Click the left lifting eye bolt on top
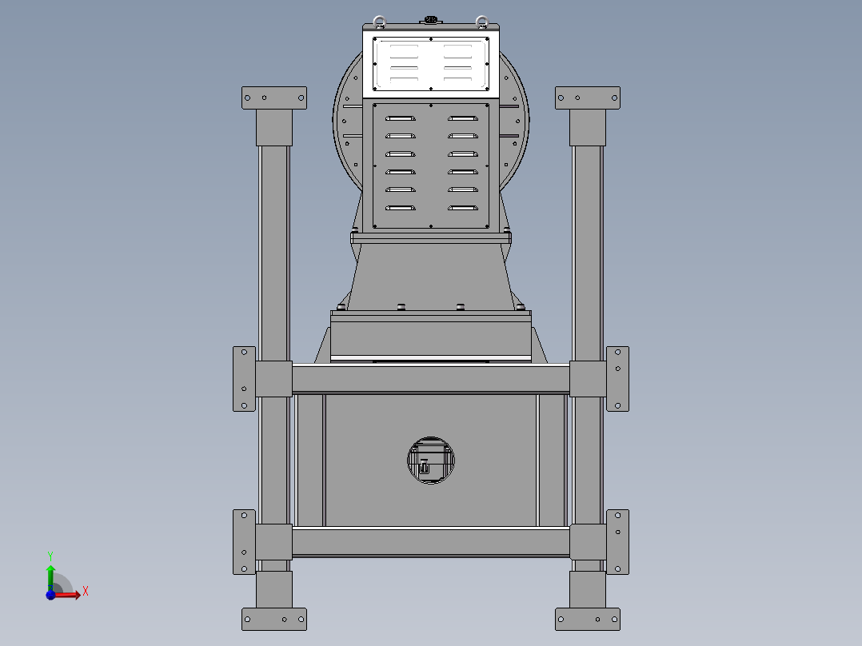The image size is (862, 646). pyautogui.click(x=379, y=22)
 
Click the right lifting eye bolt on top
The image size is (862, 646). pyautogui.click(x=481, y=22)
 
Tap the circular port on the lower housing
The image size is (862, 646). pyautogui.click(x=430, y=461)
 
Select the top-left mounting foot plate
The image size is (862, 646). pyautogui.click(x=274, y=98)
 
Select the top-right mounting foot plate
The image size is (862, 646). pyautogui.click(x=588, y=98)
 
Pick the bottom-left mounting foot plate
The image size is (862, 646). pyautogui.click(x=274, y=618)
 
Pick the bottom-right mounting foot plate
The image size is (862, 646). pyautogui.click(x=588, y=618)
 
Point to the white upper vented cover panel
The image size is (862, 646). pyautogui.click(x=430, y=64)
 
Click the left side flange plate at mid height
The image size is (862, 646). pyautogui.click(x=244, y=378)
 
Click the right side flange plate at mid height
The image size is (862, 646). pyautogui.click(x=617, y=378)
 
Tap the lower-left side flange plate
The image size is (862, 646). pyautogui.click(x=244, y=541)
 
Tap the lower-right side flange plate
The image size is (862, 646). pyautogui.click(x=617, y=541)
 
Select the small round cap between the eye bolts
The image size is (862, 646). pyautogui.click(x=430, y=18)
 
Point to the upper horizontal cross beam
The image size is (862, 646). pyautogui.click(x=430, y=378)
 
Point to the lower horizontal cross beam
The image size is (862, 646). pyautogui.click(x=430, y=543)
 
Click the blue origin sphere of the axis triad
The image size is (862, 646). pyautogui.click(x=50, y=595)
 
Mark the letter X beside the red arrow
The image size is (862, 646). pyautogui.click(x=86, y=591)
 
